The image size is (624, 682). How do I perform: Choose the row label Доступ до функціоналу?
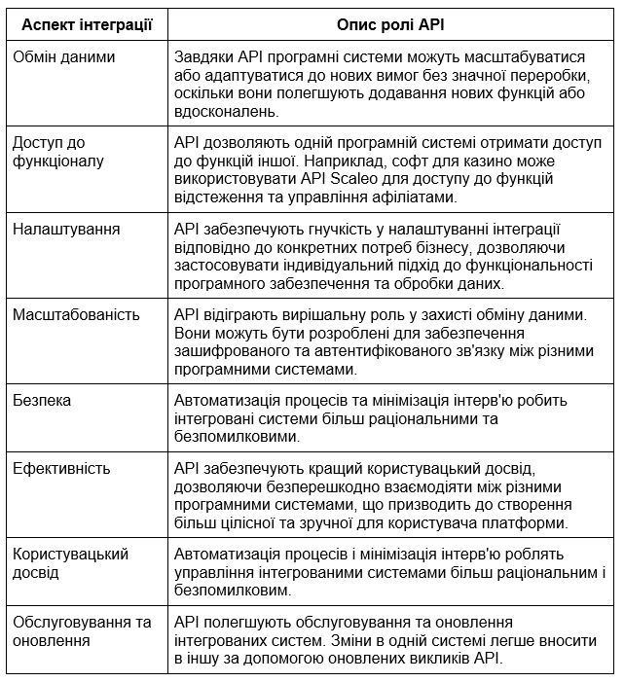click(x=58, y=152)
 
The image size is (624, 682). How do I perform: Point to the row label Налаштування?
click(x=66, y=229)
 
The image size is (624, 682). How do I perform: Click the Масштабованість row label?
click(x=77, y=314)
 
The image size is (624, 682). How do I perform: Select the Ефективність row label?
click(x=62, y=468)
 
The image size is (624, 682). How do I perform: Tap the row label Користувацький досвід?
click(x=71, y=562)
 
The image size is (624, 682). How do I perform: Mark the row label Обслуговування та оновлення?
click(x=83, y=630)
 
